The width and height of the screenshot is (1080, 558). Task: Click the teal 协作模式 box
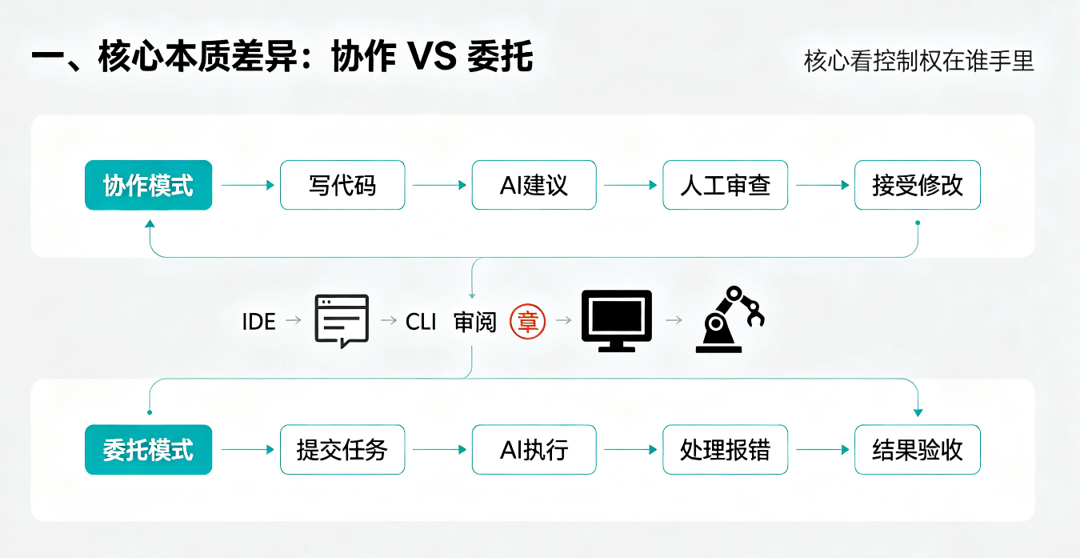(x=149, y=185)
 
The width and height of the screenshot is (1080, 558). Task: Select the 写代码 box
(x=342, y=185)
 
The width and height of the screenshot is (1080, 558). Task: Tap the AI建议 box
(x=534, y=185)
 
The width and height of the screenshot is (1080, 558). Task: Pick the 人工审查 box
(x=725, y=185)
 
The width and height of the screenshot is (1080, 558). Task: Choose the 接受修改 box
(x=918, y=185)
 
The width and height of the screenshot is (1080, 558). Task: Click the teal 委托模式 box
(x=149, y=449)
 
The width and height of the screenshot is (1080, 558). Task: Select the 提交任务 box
(x=342, y=449)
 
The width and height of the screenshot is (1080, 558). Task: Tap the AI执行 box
(x=534, y=449)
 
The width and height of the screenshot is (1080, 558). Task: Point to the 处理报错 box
(x=725, y=449)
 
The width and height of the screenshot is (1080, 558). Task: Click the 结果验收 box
(x=918, y=449)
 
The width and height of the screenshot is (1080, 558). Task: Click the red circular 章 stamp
(x=527, y=321)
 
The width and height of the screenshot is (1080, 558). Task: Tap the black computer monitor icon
(x=617, y=321)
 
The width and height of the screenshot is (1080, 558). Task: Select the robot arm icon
(x=730, y=319)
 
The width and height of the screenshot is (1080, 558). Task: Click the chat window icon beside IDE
(x=342, y=321)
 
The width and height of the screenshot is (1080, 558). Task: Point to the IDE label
(x=258, y=322)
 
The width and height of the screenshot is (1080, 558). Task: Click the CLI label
(x=421, y=322)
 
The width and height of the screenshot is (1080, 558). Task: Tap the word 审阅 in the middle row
(x=475, y=322)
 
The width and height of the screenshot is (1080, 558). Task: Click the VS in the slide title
(x=432, y=57)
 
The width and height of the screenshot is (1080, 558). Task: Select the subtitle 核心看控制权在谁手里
(x=919, y=62)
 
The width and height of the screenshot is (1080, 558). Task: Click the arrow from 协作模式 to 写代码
(x=248, y=185)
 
